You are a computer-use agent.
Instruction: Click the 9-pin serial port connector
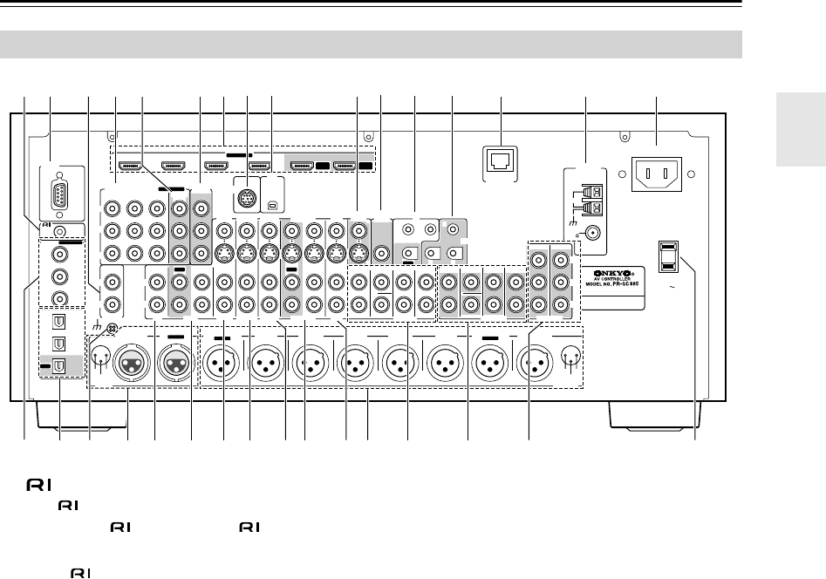[x=58, y=187]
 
